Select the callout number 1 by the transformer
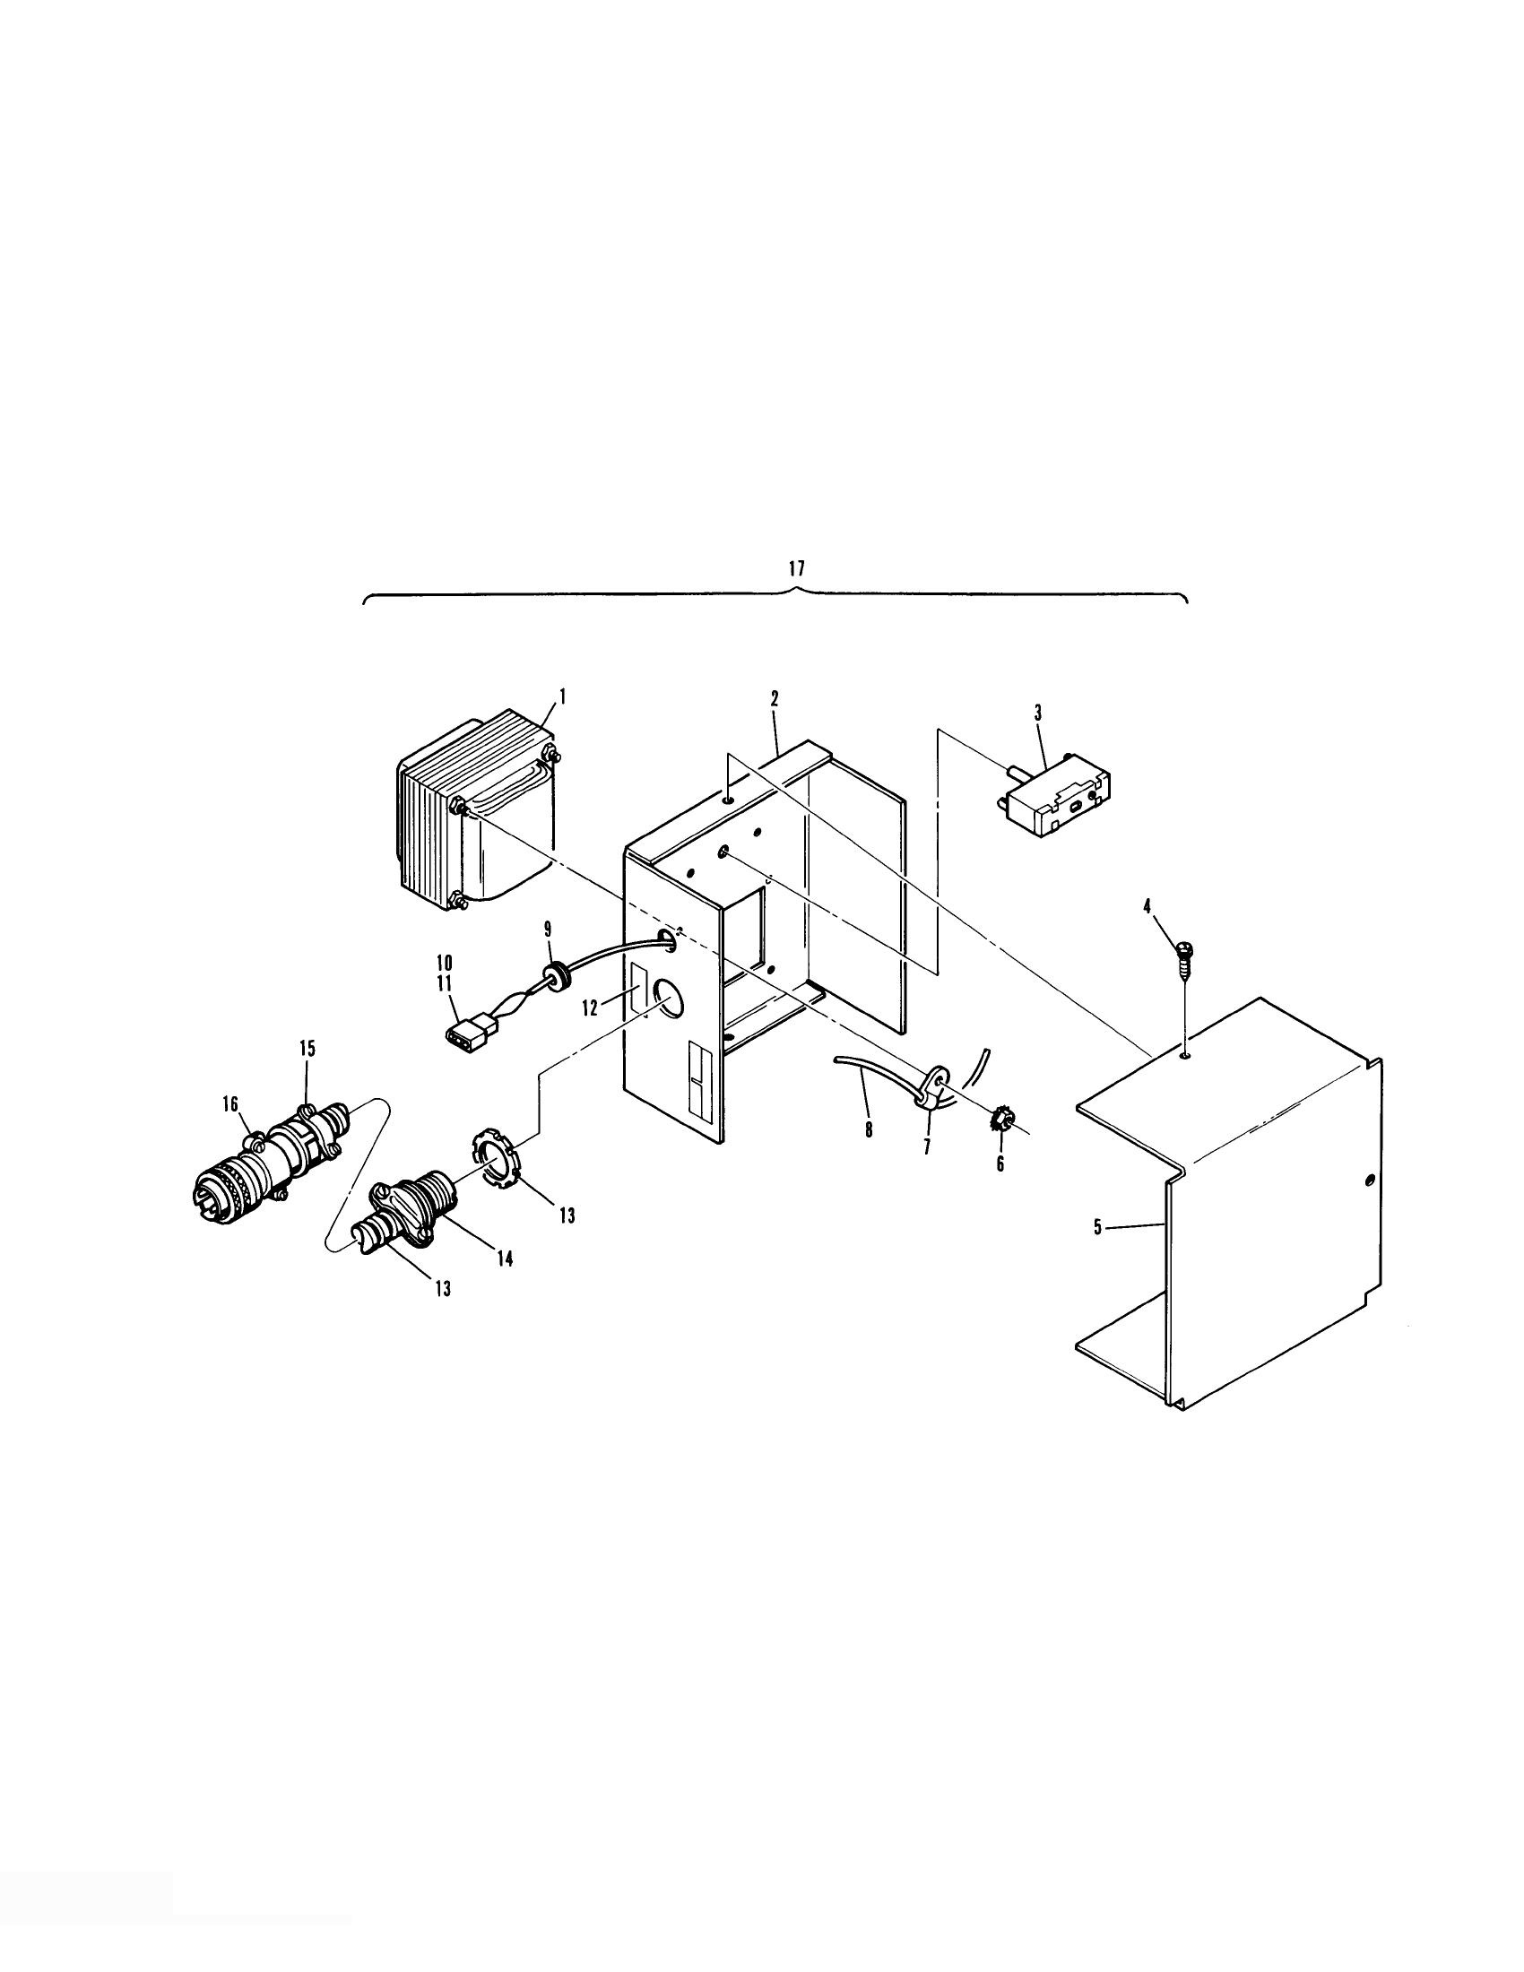[562, 696]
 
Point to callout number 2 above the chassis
[774, 699]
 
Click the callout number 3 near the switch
[1037, 714]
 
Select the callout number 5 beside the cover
[1098, 1227]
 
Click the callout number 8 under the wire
[869, 1129]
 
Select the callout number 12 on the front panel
[590, 1008]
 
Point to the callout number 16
[231, 1103]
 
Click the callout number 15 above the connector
[307, 1049]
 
